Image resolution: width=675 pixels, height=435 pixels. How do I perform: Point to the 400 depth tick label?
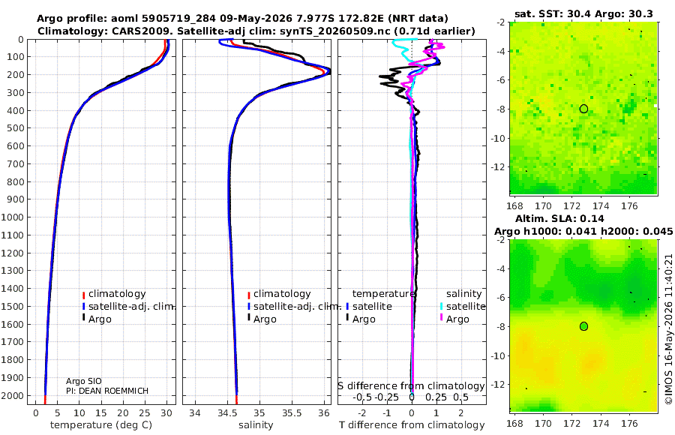pos(15,110)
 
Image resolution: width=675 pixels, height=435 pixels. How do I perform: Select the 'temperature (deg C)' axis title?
pos(101,425)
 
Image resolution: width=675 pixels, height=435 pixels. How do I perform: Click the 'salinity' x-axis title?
pos(256,425)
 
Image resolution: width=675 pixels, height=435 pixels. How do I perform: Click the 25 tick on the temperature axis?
pos(145,413)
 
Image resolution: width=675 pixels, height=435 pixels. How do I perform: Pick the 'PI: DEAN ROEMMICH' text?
pos(106,391)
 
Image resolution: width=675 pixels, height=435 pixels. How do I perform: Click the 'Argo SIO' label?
pos(84,381)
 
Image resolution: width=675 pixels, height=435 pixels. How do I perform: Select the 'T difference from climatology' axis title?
pos(412,425)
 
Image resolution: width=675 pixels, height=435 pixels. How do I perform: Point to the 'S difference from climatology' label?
pos(412,386)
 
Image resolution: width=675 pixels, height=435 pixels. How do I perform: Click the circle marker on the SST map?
pos(583,109)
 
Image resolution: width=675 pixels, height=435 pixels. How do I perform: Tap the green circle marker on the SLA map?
pos(583,326)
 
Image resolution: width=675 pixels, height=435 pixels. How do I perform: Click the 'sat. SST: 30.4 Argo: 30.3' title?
pos(583,14)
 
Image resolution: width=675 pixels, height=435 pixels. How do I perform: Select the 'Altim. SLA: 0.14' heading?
pos(559,218)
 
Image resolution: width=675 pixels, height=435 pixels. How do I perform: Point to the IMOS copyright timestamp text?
pos(668,329)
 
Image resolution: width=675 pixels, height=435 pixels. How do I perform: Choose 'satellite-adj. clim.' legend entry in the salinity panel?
pos(294,307)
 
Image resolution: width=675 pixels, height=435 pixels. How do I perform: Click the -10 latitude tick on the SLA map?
pos(498,355)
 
